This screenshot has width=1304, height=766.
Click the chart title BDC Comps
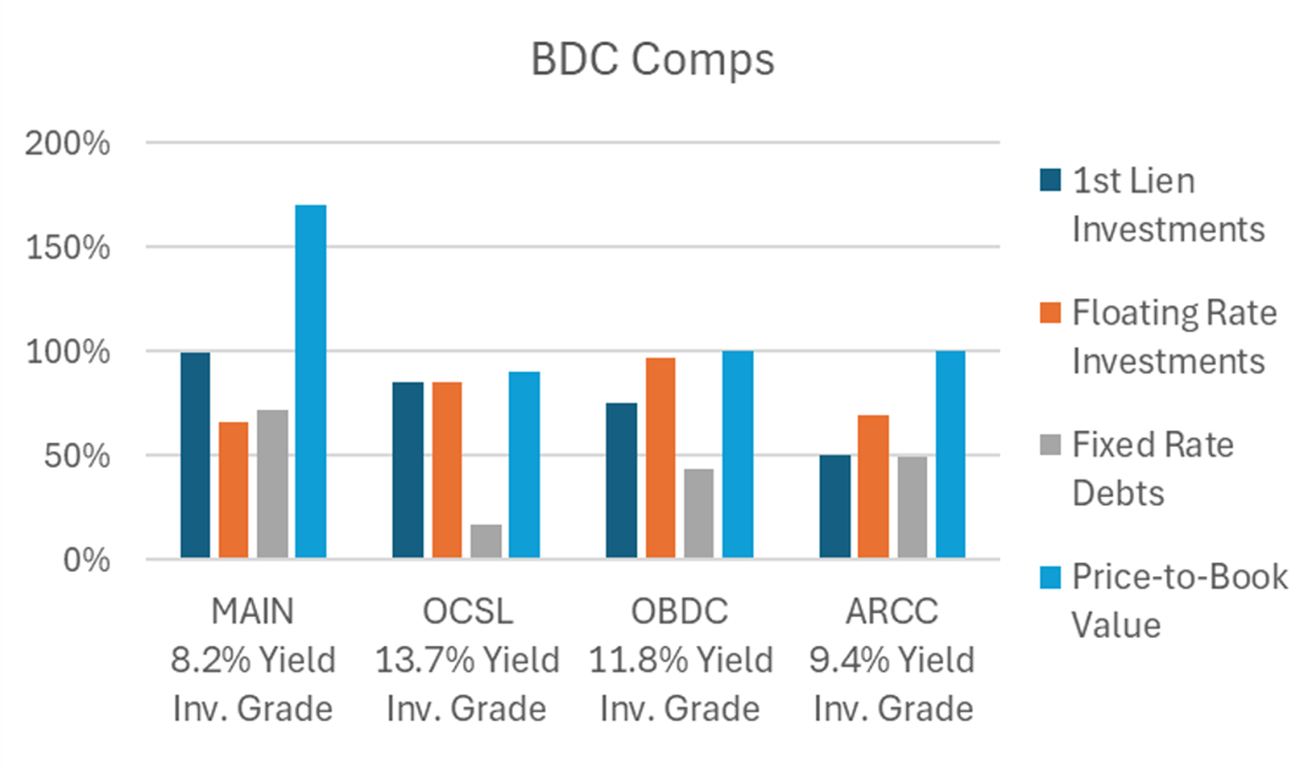(x=652, y=59)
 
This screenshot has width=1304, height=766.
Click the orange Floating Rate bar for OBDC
(x=661, y=458)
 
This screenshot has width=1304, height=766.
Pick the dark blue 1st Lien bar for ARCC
(x=834, y=506)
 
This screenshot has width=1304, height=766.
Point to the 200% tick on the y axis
(x=67, y=144)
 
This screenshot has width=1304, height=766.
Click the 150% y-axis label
(x=67, y=248)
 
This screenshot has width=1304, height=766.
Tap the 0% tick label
(x=86, y=560)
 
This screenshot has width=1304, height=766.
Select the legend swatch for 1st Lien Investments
(x=1050, y=181)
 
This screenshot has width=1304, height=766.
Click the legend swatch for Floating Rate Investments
(x=1050, y=313)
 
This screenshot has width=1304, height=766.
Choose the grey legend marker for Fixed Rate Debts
(x=1050, y=444)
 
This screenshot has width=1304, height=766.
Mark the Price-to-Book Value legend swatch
(x=1050, y=577)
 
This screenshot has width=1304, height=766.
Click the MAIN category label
(x=252, y=611)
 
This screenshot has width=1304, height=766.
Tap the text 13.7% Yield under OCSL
(x=467, y=660)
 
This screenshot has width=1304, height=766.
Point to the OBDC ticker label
(x=679, y=611)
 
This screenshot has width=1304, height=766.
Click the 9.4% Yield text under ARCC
(x=892, y=660)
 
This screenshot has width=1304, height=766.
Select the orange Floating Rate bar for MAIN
(x=233, y=490)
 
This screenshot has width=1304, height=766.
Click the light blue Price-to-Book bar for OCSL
(x=524, y=465)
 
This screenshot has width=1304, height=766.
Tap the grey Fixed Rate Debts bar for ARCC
(x=912, y=506)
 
